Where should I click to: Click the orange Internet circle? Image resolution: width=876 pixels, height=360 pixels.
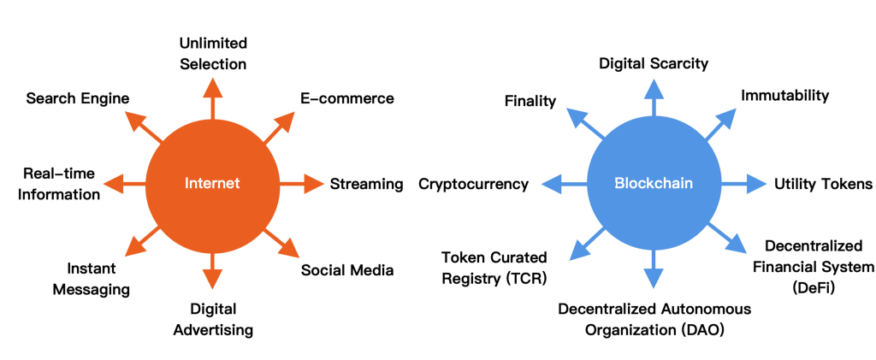212,183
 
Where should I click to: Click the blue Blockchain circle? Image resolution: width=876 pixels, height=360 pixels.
653,183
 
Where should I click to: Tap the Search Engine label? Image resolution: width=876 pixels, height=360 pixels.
78,98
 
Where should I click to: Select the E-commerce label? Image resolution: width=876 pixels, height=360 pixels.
346,98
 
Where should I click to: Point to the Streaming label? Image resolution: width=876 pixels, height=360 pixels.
366,184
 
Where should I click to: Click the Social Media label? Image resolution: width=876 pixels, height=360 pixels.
347,270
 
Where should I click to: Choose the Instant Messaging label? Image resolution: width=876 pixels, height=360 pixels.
92,279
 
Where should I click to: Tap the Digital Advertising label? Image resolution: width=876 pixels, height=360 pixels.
213,318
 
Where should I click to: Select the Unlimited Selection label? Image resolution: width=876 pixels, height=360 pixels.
213,53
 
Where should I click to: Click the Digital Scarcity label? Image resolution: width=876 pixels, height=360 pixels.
654,63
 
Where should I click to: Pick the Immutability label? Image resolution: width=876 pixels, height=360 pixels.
784,96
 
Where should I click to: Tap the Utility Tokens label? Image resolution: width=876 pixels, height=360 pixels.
823,184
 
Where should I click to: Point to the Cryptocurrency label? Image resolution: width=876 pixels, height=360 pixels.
473,184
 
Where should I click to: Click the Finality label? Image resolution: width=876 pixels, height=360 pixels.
530,101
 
